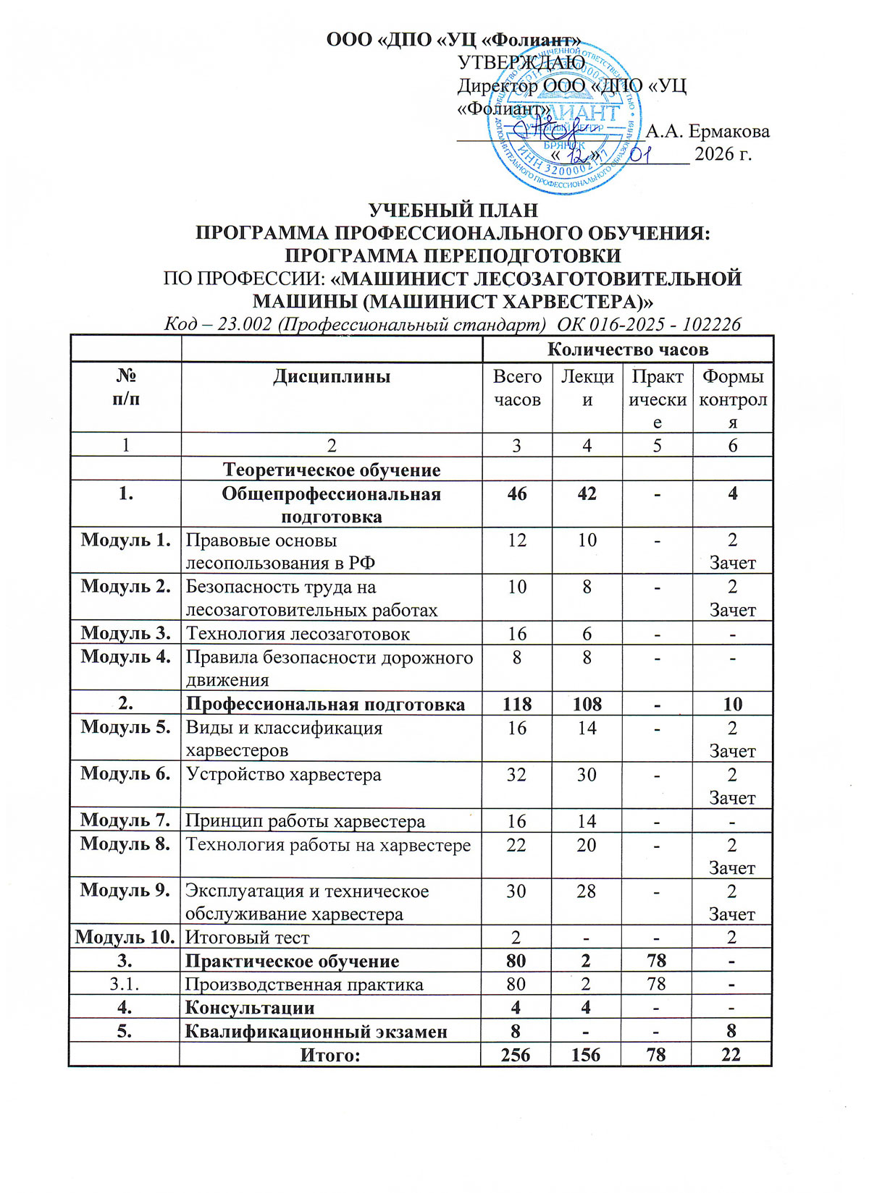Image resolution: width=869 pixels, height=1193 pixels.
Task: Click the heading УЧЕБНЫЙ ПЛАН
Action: pos(454,211)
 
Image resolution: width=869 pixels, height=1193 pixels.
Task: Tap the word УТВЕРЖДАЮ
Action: pos(521,62)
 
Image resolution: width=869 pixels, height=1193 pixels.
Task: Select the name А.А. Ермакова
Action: pos(708,131)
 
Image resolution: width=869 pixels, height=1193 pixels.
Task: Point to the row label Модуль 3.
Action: pos(126,633)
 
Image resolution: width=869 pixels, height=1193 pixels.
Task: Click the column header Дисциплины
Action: pos(332,376)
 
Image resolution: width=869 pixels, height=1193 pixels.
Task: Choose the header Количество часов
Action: pos(627,349)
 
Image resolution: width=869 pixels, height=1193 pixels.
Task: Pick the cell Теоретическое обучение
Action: pos(332,470)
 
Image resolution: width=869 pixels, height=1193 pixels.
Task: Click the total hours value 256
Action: pos(516,1055)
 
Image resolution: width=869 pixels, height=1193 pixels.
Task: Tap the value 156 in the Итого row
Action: pos(586,1055)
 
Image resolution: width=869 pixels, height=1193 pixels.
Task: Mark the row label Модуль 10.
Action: pos(126,937)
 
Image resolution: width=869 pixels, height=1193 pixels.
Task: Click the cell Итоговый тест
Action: pos(248,938)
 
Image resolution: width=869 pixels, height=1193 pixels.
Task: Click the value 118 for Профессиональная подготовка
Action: pos(516,704)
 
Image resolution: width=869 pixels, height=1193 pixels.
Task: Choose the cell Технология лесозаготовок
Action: pos(298,634)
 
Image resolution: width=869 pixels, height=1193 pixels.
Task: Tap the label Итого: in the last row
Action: pos(330,1055)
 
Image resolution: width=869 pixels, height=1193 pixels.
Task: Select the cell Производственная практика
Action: pos(304,985)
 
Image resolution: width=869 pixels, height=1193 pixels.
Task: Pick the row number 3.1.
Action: pos(126,984)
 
